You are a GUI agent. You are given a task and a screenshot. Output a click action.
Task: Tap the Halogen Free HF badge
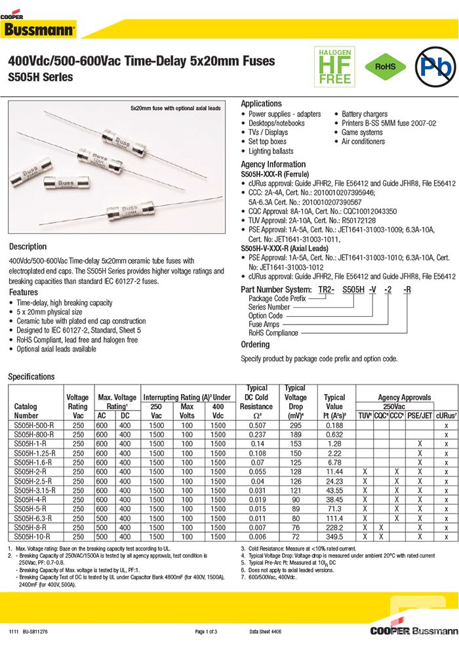335,66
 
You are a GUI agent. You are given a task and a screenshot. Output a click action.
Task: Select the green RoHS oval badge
386,67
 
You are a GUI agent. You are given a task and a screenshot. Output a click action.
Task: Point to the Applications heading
261,103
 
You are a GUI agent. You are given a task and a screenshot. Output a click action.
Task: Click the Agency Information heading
273,164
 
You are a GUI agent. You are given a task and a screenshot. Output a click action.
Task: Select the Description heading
28,247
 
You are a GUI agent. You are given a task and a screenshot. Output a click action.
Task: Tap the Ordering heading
255,344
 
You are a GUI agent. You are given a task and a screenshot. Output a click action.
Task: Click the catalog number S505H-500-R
34,425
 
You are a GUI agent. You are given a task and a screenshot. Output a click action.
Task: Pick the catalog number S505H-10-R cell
33,536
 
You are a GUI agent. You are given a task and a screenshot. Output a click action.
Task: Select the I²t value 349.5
334,536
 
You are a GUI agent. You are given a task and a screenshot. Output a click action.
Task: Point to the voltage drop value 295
295,425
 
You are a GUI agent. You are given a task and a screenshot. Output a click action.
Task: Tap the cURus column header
446,416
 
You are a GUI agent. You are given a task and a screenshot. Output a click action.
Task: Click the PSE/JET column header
420,416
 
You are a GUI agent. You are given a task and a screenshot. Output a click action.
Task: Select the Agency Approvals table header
405,397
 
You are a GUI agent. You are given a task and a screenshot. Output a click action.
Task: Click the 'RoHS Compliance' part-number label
273,333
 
